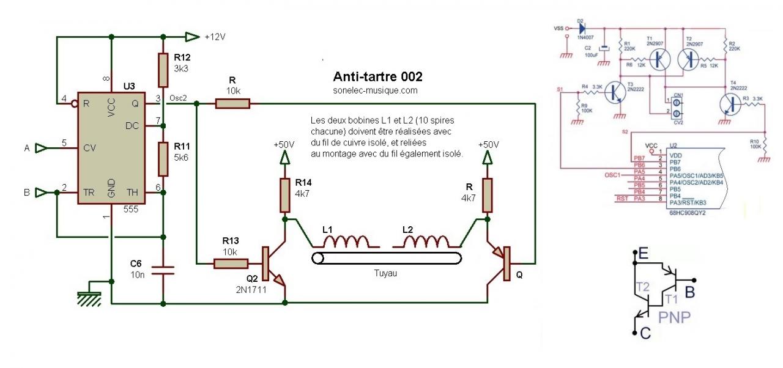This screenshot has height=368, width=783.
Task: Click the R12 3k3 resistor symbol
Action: pos(163,70)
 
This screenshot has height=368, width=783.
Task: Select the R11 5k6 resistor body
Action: pos(163,158)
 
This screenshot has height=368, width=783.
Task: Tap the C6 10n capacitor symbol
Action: pos(163,270)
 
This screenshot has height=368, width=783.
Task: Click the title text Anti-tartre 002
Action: pos(377,78)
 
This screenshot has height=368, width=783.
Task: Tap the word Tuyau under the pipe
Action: pos(385,273)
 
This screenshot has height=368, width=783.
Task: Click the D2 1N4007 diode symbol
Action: pos(582,28)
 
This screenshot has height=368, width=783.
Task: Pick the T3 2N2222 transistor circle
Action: pos(615,93)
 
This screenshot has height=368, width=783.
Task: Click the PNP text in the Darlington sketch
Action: pos(675,317)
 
